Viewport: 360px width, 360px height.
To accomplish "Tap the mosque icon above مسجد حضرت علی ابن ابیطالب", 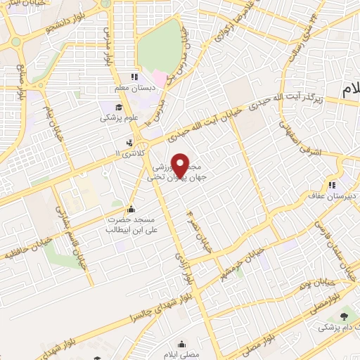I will [130, 209].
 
